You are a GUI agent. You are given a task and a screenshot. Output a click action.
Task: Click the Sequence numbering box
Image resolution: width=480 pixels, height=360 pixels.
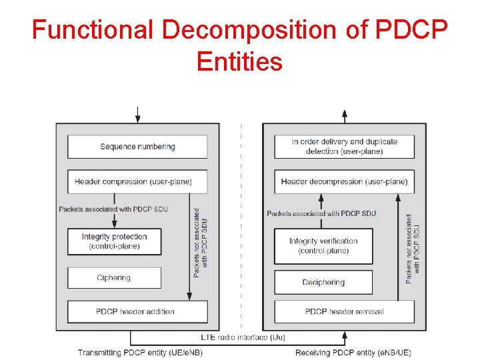[137, 147]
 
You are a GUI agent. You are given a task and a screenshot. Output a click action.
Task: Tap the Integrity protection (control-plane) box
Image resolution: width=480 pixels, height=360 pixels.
[114, 241]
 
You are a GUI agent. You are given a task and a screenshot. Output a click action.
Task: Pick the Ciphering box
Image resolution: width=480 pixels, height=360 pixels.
[114, 278]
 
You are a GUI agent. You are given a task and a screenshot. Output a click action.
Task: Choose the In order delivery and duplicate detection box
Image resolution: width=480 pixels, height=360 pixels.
[344, 147]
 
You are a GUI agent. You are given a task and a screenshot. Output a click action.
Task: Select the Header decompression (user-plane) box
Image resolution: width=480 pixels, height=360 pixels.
[344, 181]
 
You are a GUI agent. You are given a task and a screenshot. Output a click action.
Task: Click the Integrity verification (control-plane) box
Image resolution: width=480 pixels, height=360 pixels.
[323, 246]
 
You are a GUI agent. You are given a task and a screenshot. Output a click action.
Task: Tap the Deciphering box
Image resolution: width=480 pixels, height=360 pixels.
[323, 282]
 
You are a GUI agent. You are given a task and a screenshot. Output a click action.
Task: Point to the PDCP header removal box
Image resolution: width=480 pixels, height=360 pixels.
[344, 311]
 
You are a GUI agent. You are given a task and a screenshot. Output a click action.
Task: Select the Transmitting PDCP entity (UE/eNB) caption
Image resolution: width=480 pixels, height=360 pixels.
[131, 352]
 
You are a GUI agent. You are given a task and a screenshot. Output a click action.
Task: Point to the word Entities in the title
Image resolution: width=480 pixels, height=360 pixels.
[240, 62]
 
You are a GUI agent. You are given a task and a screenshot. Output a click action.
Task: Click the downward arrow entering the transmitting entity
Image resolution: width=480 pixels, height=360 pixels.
[137, 115]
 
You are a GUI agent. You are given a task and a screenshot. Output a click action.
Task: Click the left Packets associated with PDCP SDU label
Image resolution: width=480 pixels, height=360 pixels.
[113, 209]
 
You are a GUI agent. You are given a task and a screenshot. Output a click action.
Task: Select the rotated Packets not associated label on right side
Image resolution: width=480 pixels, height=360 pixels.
[413, 248]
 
